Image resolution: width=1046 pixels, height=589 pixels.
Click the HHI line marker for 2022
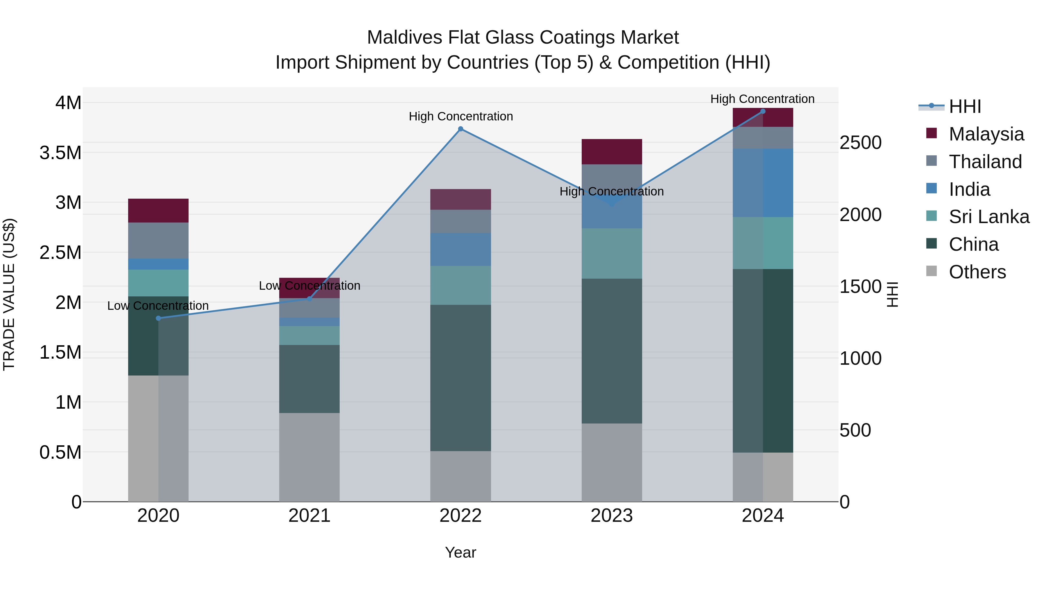pos(461,129)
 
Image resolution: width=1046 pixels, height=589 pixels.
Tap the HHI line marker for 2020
pos(158,318)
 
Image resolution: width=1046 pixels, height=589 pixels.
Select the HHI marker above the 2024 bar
pos(763,111)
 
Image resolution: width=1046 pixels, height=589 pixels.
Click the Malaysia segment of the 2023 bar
pos(612,152)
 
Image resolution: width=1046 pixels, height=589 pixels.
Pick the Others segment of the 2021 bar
pos(309,457)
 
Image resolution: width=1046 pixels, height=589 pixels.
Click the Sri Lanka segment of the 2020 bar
pos(158,283)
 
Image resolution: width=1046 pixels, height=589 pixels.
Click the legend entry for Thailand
pos(985,161)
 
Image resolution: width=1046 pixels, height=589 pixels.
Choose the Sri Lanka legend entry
pos(989,217)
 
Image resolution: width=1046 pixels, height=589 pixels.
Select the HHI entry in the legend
pos(965,106)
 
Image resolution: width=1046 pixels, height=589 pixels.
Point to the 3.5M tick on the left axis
pos(60,153)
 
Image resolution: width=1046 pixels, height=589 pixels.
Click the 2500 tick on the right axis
pos(860,143)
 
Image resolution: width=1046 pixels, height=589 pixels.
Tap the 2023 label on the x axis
pos(612,516)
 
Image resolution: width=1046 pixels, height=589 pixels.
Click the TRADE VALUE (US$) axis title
pos(9,294)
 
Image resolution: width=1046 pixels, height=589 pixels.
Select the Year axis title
pos(461,552)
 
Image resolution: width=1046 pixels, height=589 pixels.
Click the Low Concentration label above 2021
pos(309,286)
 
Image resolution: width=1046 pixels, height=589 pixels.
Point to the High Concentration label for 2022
pos(461,116)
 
